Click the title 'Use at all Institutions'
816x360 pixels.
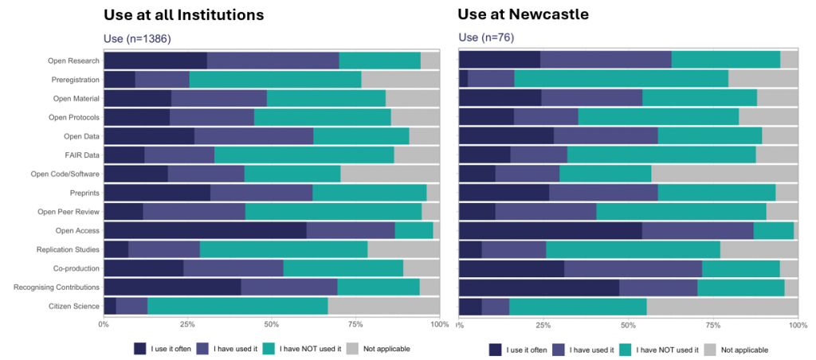coord(183,15)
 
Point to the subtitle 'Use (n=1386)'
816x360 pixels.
coord(137,38)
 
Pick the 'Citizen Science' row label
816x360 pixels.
coord(73,306)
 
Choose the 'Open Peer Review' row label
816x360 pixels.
coord(69,212)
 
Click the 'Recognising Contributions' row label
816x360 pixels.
coord(57,287)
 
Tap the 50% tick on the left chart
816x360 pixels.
coord(271,324)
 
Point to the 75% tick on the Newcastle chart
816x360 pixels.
coord(712,325)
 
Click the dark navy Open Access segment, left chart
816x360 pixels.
coord(205,231)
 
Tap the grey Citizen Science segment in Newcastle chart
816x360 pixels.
coord(722,307)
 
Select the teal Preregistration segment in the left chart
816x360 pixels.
coord(275,80)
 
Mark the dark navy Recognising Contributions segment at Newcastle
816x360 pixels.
coord(539,288)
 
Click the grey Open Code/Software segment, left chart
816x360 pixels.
coord(390,174)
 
